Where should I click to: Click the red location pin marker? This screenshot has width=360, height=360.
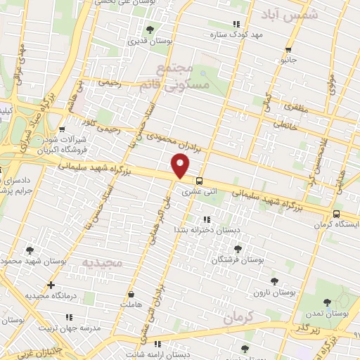pyautogui.click(x=181, y=167)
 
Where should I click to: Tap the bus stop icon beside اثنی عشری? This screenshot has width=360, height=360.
pyautogui.click(x=200, y=180)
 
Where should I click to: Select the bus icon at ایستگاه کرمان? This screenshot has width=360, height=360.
pyautogui.click(x=336, y=214)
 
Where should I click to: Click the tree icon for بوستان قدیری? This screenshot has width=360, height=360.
pyautogui.click(x=150, y=30)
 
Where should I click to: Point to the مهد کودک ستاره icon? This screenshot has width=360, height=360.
pyautogui.click(x=215, y=33)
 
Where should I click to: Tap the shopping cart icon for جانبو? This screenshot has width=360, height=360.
pyautogui.click(x=288, y=49)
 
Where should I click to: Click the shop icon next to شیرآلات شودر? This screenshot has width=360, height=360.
pyautogui.click(x=63, y=129)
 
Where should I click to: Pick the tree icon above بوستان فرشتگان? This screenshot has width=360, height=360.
pyautogui.click(x=237, y=248)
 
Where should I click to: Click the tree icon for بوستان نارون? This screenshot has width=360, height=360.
pyautogui.click(x=275, y=280)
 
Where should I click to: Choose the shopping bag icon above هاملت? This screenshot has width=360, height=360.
pyautogui.click(x=131, y=294)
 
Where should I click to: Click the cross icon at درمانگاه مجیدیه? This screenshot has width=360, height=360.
pyautogui.click(x=50, y=285)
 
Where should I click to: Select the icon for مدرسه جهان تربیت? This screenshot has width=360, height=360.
pyautogui.click(x=48, y=318)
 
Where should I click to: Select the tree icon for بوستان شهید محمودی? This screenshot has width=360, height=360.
pyautogui.click(x=29, y=250)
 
